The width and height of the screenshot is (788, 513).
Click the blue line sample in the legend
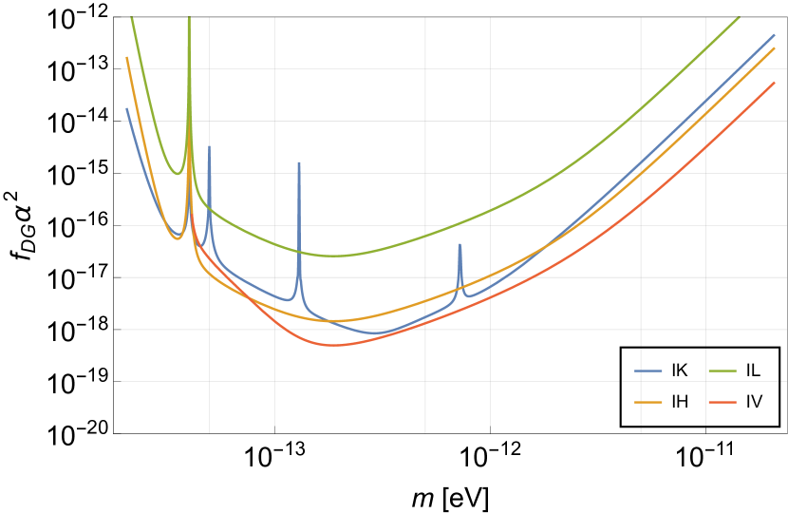(x=648, y=370)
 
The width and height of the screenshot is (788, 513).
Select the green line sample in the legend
(x=722, y=370)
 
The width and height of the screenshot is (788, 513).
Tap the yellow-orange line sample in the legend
(x=648, y=402)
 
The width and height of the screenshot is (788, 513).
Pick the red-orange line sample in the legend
(x=722, y=402)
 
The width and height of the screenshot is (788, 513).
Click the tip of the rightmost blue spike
(x=460, y=244)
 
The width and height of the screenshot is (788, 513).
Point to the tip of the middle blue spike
(x=299, y=162)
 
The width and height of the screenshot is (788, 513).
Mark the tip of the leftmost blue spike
(x=209, y=146)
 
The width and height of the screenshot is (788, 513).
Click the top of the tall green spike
(x=189, y=18)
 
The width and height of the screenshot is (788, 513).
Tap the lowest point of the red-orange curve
(x=336, y=346)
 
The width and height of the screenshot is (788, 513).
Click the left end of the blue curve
(x=126, y=108)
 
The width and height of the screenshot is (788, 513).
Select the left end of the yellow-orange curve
(x=126, y=58)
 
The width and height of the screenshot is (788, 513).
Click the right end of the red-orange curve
(x=775, y=82)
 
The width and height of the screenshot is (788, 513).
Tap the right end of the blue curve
(x=775, y=34)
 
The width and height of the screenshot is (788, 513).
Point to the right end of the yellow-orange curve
(x=775, y=47)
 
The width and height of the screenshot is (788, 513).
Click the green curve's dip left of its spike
(x=178, y=175)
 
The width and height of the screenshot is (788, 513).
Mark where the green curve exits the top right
(x=741, y=17)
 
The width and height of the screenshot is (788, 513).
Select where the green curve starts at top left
(x=131, y=17)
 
